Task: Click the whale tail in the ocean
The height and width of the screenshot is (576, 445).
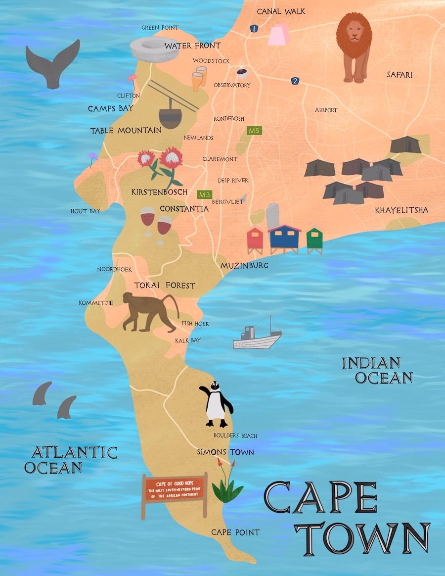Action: pos(52,63)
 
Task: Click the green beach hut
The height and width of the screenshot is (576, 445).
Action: pos(314,240)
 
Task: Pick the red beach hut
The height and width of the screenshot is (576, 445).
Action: pos(255,240)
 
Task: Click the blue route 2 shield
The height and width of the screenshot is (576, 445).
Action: pos(295,81)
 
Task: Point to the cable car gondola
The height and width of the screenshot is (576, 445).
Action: pos(171,115)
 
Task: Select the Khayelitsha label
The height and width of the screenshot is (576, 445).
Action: pos(401,210)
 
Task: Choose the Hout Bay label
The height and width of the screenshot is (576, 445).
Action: pos(86,211)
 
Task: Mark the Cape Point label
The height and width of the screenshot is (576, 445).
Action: pos(235,532)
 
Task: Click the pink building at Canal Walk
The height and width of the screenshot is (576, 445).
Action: pos(279,34)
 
